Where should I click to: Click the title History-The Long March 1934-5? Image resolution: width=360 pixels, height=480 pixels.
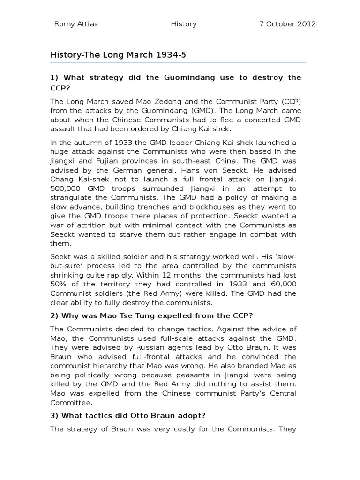point(118,55)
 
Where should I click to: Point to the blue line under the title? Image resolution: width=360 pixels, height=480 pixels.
point(178,62)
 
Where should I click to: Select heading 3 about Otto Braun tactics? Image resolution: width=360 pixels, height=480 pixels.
point(127,415)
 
